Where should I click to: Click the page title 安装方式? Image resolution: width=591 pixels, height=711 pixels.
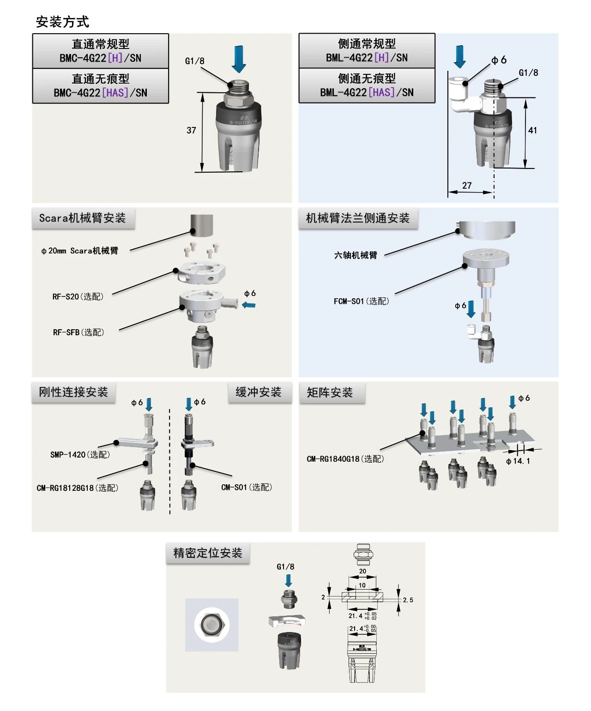click(x=62, y=22)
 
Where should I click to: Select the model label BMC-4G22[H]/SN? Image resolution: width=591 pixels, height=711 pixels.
click(x=100, y=58)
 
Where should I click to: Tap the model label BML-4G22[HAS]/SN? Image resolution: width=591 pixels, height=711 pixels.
click(x=367, y=92)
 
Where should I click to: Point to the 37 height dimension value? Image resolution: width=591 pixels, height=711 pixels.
click(x=191, y=131)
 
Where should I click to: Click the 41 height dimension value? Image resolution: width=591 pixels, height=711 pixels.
click(x=532, y=131)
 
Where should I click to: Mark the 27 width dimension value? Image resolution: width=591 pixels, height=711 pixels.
click(x=467, y=186)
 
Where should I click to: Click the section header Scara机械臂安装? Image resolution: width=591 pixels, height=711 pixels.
click(x=83, y=218)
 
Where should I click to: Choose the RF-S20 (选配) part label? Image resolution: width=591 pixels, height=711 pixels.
click(x=78, y=296)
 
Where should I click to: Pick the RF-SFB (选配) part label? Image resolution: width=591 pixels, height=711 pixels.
click(x=78, y=332)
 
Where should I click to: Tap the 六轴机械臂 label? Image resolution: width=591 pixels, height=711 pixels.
click(x=356, y=255)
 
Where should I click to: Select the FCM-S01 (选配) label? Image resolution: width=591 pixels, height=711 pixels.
click(x=362, y=301)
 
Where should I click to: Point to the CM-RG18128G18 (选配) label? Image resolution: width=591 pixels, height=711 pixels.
click(x=78, y=488)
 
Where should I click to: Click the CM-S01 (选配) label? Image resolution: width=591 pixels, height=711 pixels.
click(x=247, y=488)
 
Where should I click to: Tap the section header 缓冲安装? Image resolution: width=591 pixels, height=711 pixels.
click(x=259, y=392)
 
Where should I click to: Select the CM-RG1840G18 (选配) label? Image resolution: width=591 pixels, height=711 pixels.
click(x=345, y=459)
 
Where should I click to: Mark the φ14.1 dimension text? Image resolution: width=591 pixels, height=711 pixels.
click(x=518, y=461)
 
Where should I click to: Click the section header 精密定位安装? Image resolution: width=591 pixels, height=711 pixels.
click(x=208, y=553)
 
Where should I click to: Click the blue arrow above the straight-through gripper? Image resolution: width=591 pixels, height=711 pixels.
click(x=239, y=59)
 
